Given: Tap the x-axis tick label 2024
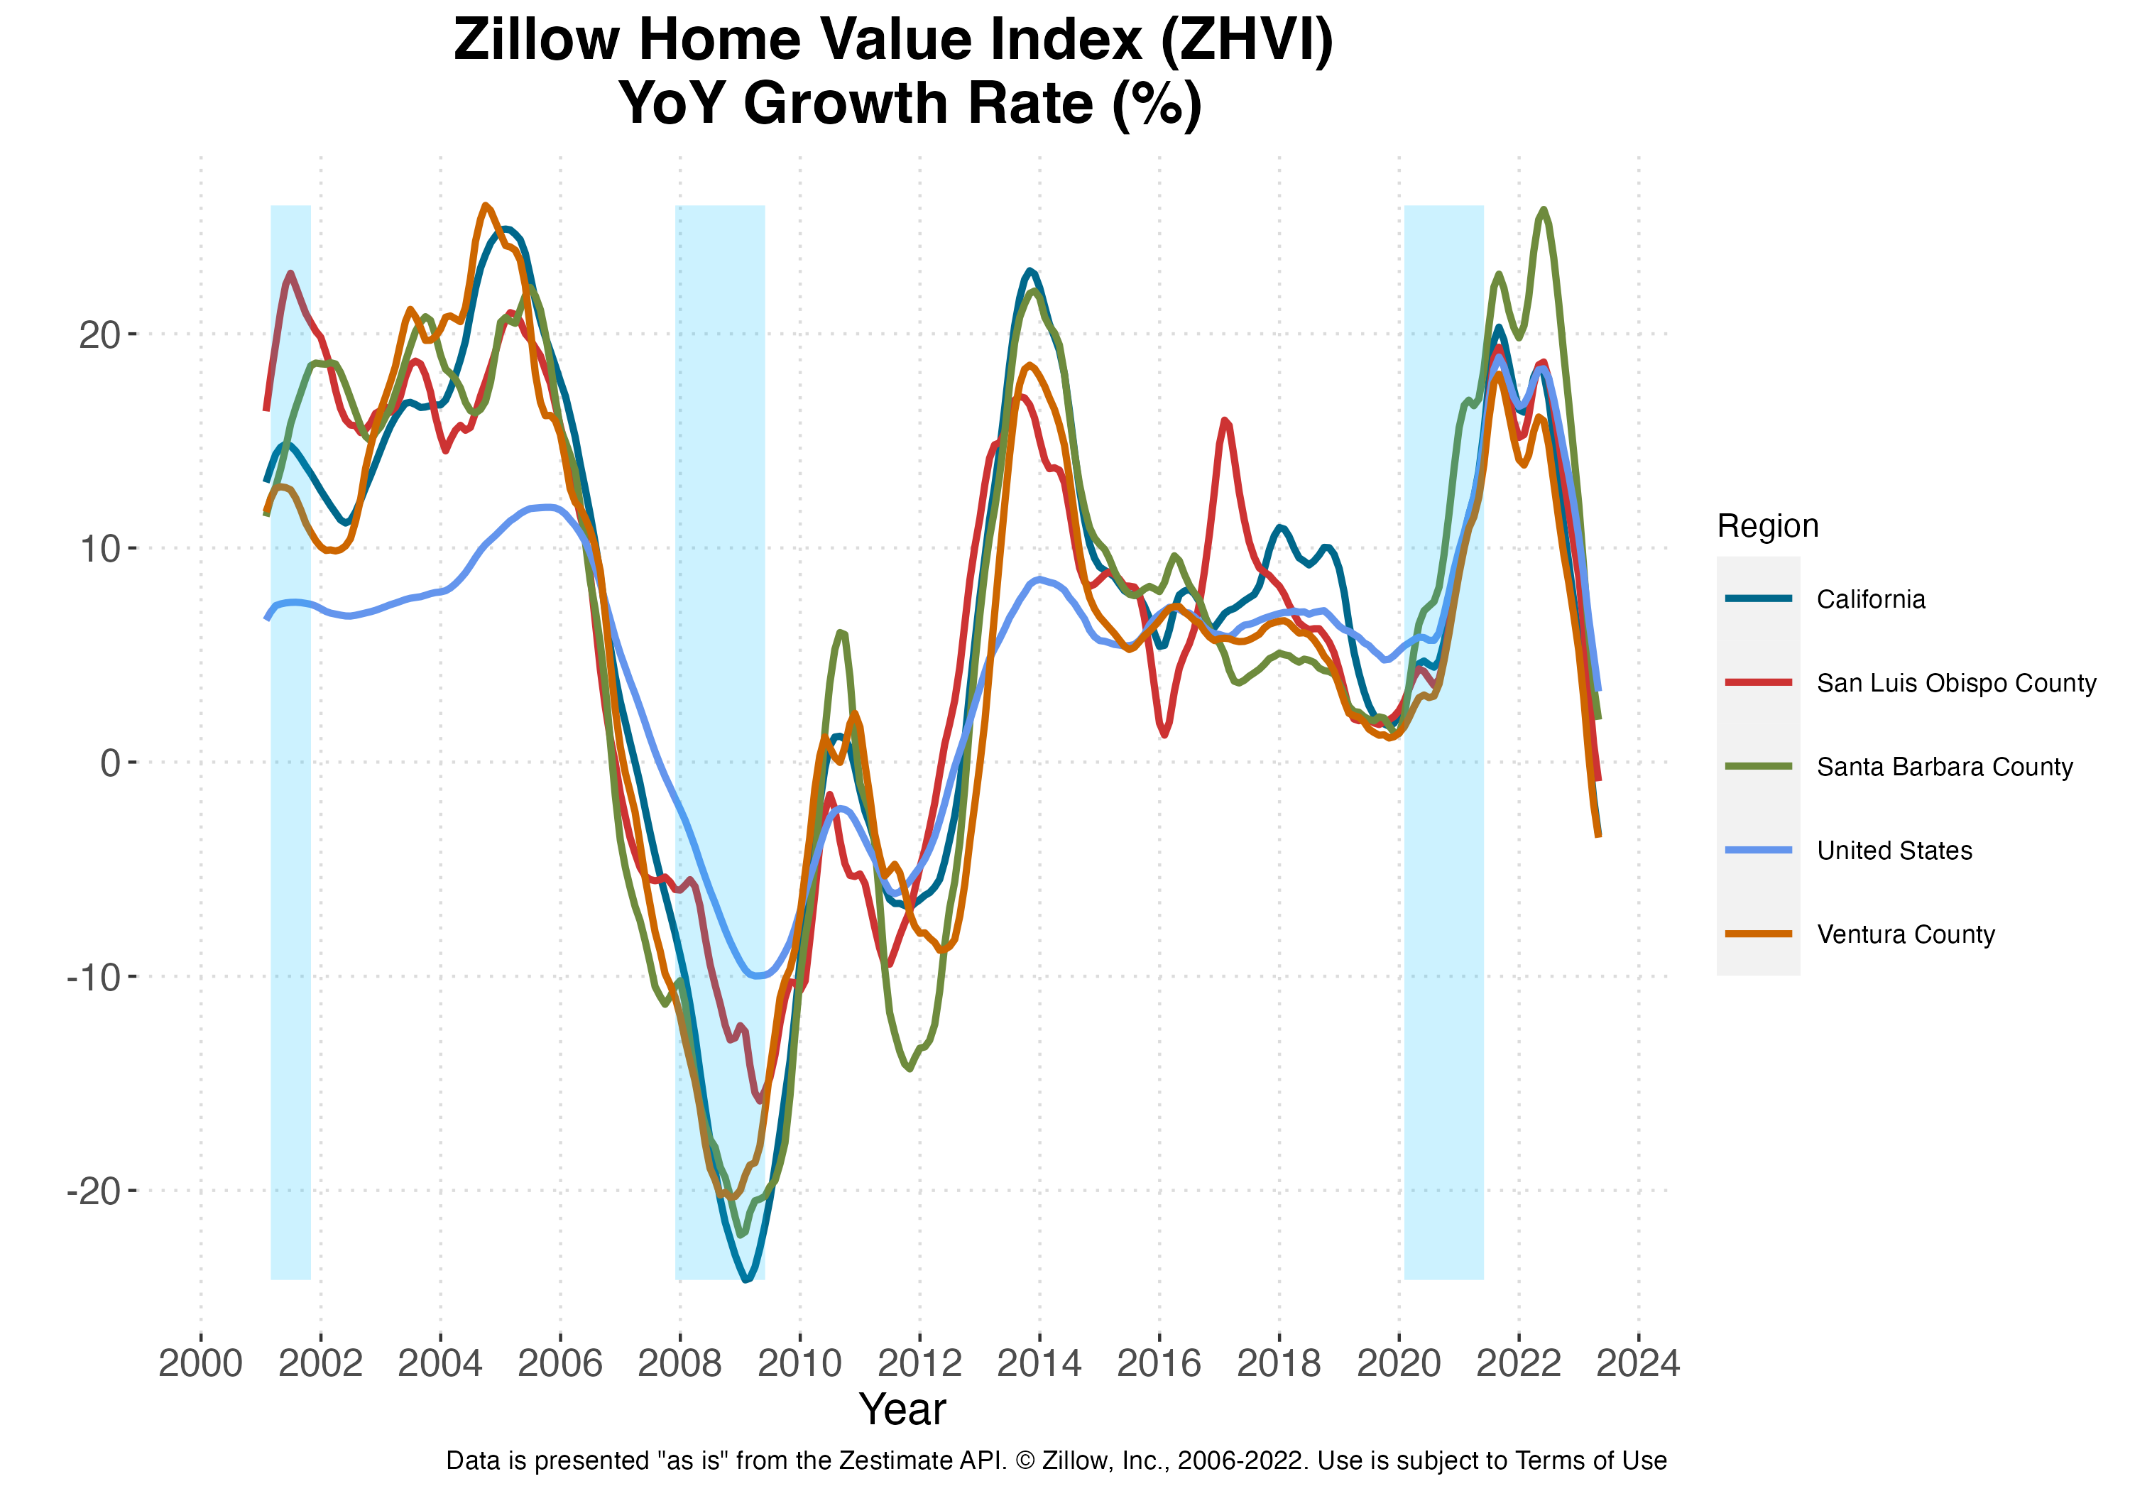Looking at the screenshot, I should [1638, 1364].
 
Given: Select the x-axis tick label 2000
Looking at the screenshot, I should [200, 1364].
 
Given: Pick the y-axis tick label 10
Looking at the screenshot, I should [100, 548].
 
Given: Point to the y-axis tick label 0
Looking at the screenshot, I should [110, 763].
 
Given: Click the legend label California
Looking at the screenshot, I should [1870, 599].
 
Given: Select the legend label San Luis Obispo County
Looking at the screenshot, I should [1955, 683].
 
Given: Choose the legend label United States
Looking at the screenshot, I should [1894, 851].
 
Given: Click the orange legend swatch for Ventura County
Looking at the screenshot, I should [1758, 934].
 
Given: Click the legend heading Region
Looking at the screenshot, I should [1767, 526].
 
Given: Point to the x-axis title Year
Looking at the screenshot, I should [902, 1409].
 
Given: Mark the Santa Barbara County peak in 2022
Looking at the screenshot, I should [1543, 209].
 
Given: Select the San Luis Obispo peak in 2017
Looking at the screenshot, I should [1225, 420].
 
